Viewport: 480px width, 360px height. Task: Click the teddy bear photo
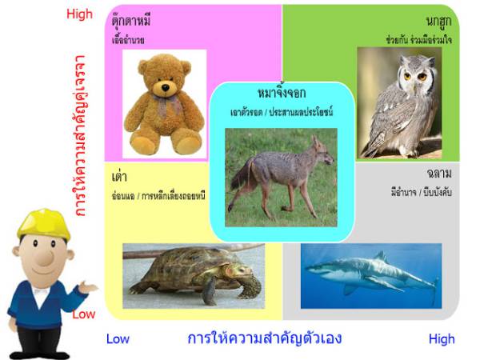(163, 104)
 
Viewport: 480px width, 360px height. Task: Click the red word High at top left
(80, 14)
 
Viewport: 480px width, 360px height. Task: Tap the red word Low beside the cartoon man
(84, 314)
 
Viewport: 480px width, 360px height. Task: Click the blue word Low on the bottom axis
(118, 339)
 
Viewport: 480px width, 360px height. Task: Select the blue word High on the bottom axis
(441, 339)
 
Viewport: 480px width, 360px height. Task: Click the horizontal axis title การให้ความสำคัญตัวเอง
(264, 338)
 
